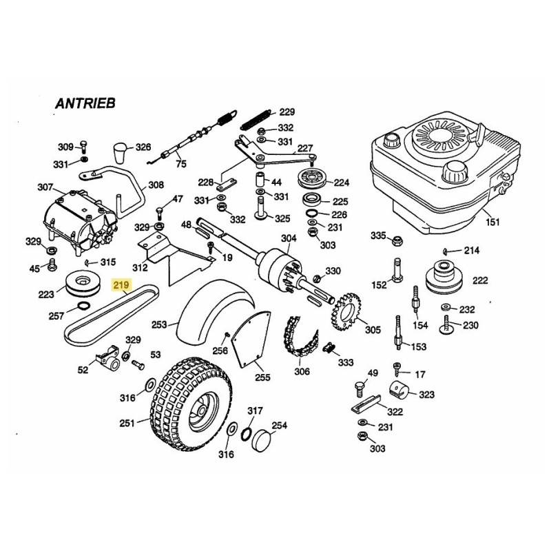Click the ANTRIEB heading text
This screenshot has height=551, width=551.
[85, 103]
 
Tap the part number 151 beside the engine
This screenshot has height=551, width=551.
[492, 222]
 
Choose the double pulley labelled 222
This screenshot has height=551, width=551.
[444, 276]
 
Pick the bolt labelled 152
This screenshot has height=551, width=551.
[397, 269]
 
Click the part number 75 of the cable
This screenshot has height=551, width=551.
[181, 163]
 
